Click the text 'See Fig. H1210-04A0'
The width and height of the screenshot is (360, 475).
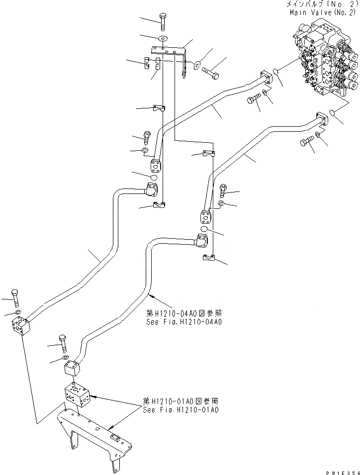[184, 322]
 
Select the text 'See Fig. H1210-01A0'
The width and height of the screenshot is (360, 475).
[180, 410]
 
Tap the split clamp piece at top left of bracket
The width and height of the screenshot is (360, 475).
[147, 64]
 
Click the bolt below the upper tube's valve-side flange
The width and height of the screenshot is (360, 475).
[254, 102]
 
